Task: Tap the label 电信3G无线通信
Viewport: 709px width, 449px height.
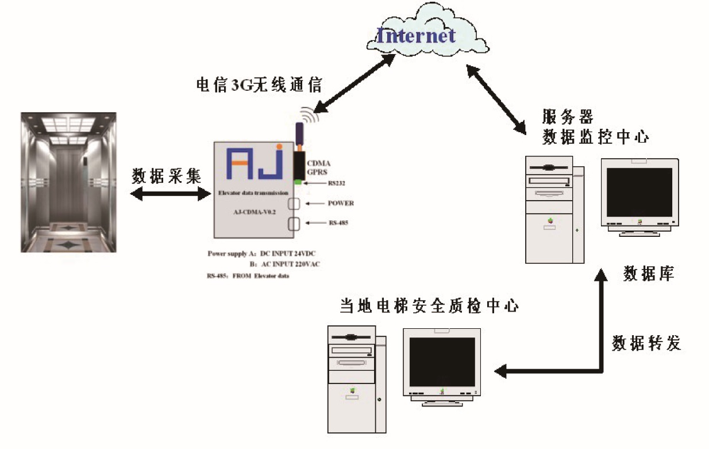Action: click(259, 85)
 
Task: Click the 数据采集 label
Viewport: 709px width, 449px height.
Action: click(167, 175)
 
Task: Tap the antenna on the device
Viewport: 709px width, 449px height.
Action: click(299, 136)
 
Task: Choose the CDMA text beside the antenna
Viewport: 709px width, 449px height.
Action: click(319, 163)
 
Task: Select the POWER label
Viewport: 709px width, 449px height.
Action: click(341, 203)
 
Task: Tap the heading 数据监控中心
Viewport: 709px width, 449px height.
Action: click(596, 137)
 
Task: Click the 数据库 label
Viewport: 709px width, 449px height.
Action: click(649, 274)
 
